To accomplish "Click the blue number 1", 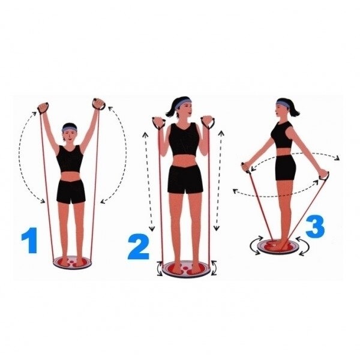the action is [30, 241].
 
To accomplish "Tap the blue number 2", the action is [139, 247].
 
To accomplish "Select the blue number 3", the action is [315, 226].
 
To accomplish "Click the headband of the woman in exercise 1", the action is [70, 129].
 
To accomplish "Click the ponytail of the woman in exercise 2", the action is [171, 110].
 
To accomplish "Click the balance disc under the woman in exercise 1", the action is [72, 262].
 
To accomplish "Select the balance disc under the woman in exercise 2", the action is [187, 269].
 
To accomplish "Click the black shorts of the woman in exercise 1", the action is [71, 191].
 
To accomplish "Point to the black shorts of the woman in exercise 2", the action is [185, 179].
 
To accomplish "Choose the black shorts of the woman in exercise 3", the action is [286, 167].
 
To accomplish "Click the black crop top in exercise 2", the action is [184, 140].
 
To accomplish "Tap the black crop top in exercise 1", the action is [70, 159].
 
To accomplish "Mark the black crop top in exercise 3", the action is [282, 135].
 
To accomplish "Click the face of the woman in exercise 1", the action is [70, 136].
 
